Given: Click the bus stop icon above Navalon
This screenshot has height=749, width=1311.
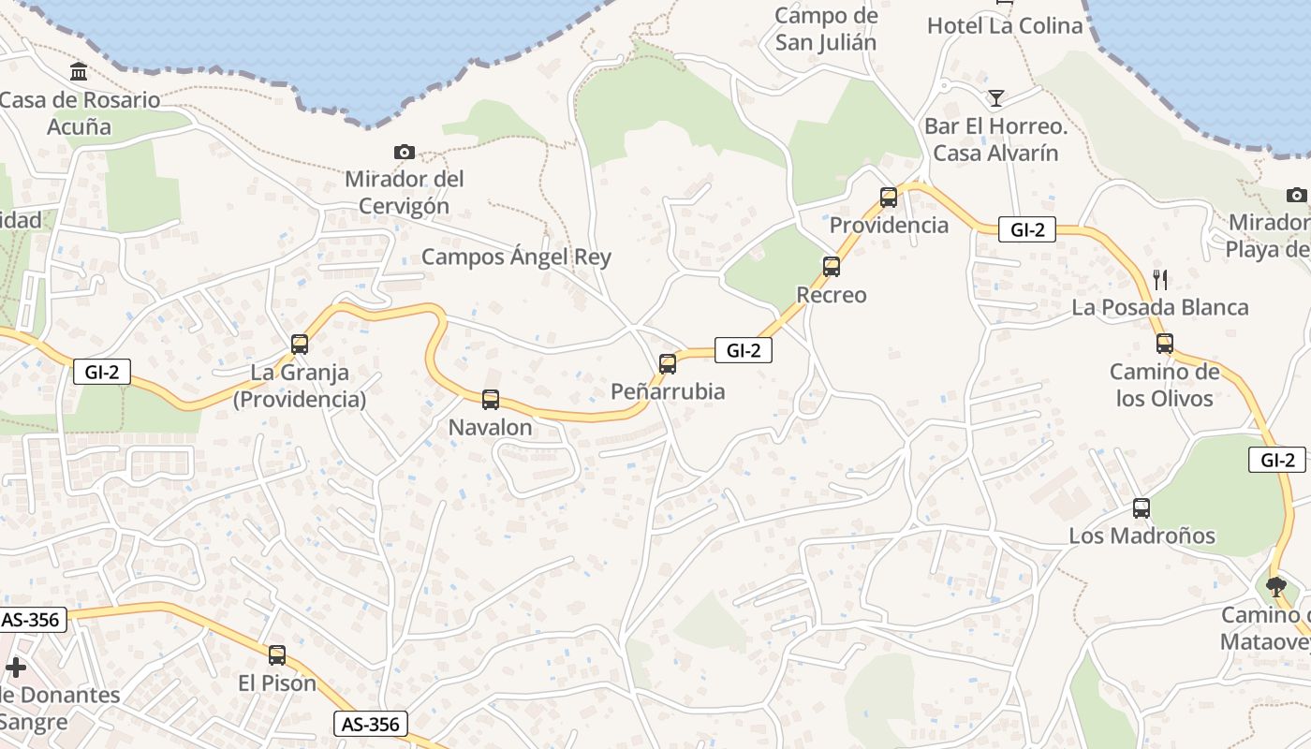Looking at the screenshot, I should (490, 400).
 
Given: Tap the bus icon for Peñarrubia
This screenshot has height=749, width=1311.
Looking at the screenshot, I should (668, 364).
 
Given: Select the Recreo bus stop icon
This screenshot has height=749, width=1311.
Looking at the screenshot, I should (831, 267).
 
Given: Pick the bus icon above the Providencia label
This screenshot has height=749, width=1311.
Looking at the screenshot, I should (888, 198).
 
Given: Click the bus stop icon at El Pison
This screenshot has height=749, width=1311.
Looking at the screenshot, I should (277, 655).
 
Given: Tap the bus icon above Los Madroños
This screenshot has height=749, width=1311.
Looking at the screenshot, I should (1141, 508).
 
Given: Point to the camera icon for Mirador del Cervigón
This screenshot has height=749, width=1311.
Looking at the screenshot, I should (405, 152).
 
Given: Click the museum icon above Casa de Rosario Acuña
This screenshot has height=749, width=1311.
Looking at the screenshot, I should (79, 71).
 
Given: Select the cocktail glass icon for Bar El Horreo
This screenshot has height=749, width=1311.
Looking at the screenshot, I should (995, 97).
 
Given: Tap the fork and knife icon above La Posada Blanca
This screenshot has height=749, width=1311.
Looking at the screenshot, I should (1160, 279).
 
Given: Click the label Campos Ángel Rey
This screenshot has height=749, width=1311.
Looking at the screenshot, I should (516, 257).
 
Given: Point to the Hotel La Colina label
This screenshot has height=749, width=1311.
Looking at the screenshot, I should (1004, 26).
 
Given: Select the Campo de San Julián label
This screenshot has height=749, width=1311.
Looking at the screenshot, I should (826, 29).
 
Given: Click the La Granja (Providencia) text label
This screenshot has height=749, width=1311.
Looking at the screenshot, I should (300, 386).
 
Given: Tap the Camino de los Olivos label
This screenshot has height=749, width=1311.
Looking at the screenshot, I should (1165, 385).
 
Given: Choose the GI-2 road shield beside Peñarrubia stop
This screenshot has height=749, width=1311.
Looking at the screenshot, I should (743, 350).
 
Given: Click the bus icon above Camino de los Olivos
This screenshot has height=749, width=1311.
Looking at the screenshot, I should (1164, 344).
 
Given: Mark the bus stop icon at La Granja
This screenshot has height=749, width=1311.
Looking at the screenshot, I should (300, 344).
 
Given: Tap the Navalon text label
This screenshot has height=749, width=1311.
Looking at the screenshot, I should (490, 428).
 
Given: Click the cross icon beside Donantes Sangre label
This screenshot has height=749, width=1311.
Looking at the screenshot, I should (16, 668).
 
